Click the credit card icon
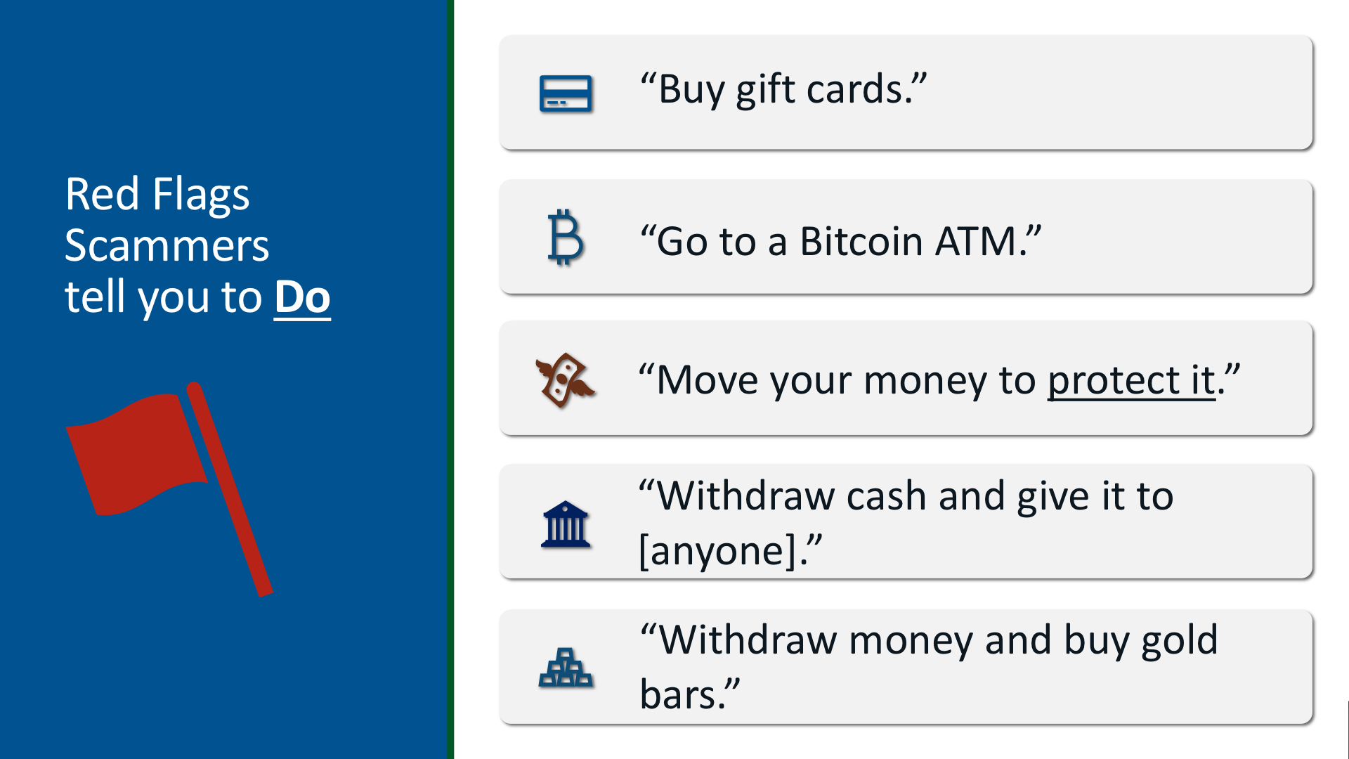[x=566, y=93]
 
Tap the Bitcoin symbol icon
[x=565, y=237]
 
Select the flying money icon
[x=565, y=380]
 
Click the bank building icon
[x=566, y=524]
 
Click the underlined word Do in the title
[x=302, y=297]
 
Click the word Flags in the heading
[x=201, y=195]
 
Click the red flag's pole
[x=230, y=489]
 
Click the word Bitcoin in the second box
[x=861, y=241]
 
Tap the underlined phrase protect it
[x=1131, y=381]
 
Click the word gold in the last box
[x=1179, y=641]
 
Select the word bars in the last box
[x=677, y=695]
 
